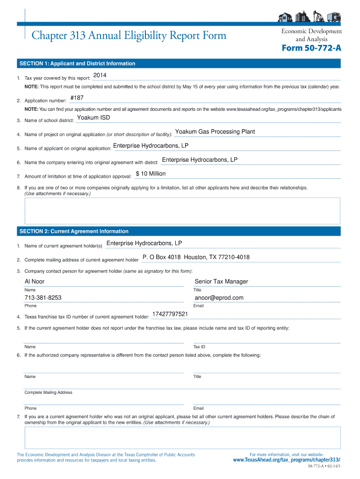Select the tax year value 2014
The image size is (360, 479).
(x=100, y=76)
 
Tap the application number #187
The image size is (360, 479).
(x=77, y=98)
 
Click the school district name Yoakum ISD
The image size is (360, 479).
(x=94, y=118)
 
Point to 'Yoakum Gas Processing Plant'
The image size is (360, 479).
(x=215, y=132)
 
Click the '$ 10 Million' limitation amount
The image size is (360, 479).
(x=151, y=174)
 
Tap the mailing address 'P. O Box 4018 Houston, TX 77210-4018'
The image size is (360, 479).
(x=196, y=257)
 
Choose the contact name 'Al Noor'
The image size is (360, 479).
(x=35, y=282)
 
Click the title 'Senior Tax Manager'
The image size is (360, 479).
(x=221, y=282)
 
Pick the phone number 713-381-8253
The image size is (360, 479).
(x=43, y=298)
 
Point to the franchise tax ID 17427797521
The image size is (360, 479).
(x=170, y=314)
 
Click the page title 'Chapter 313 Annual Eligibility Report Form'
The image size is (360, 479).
(x=129, y=36)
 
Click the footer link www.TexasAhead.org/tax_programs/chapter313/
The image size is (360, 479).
(x=287, y=460)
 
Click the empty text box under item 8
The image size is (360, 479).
(x=182, y=209)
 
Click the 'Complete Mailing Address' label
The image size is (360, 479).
(x=48, y=392)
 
